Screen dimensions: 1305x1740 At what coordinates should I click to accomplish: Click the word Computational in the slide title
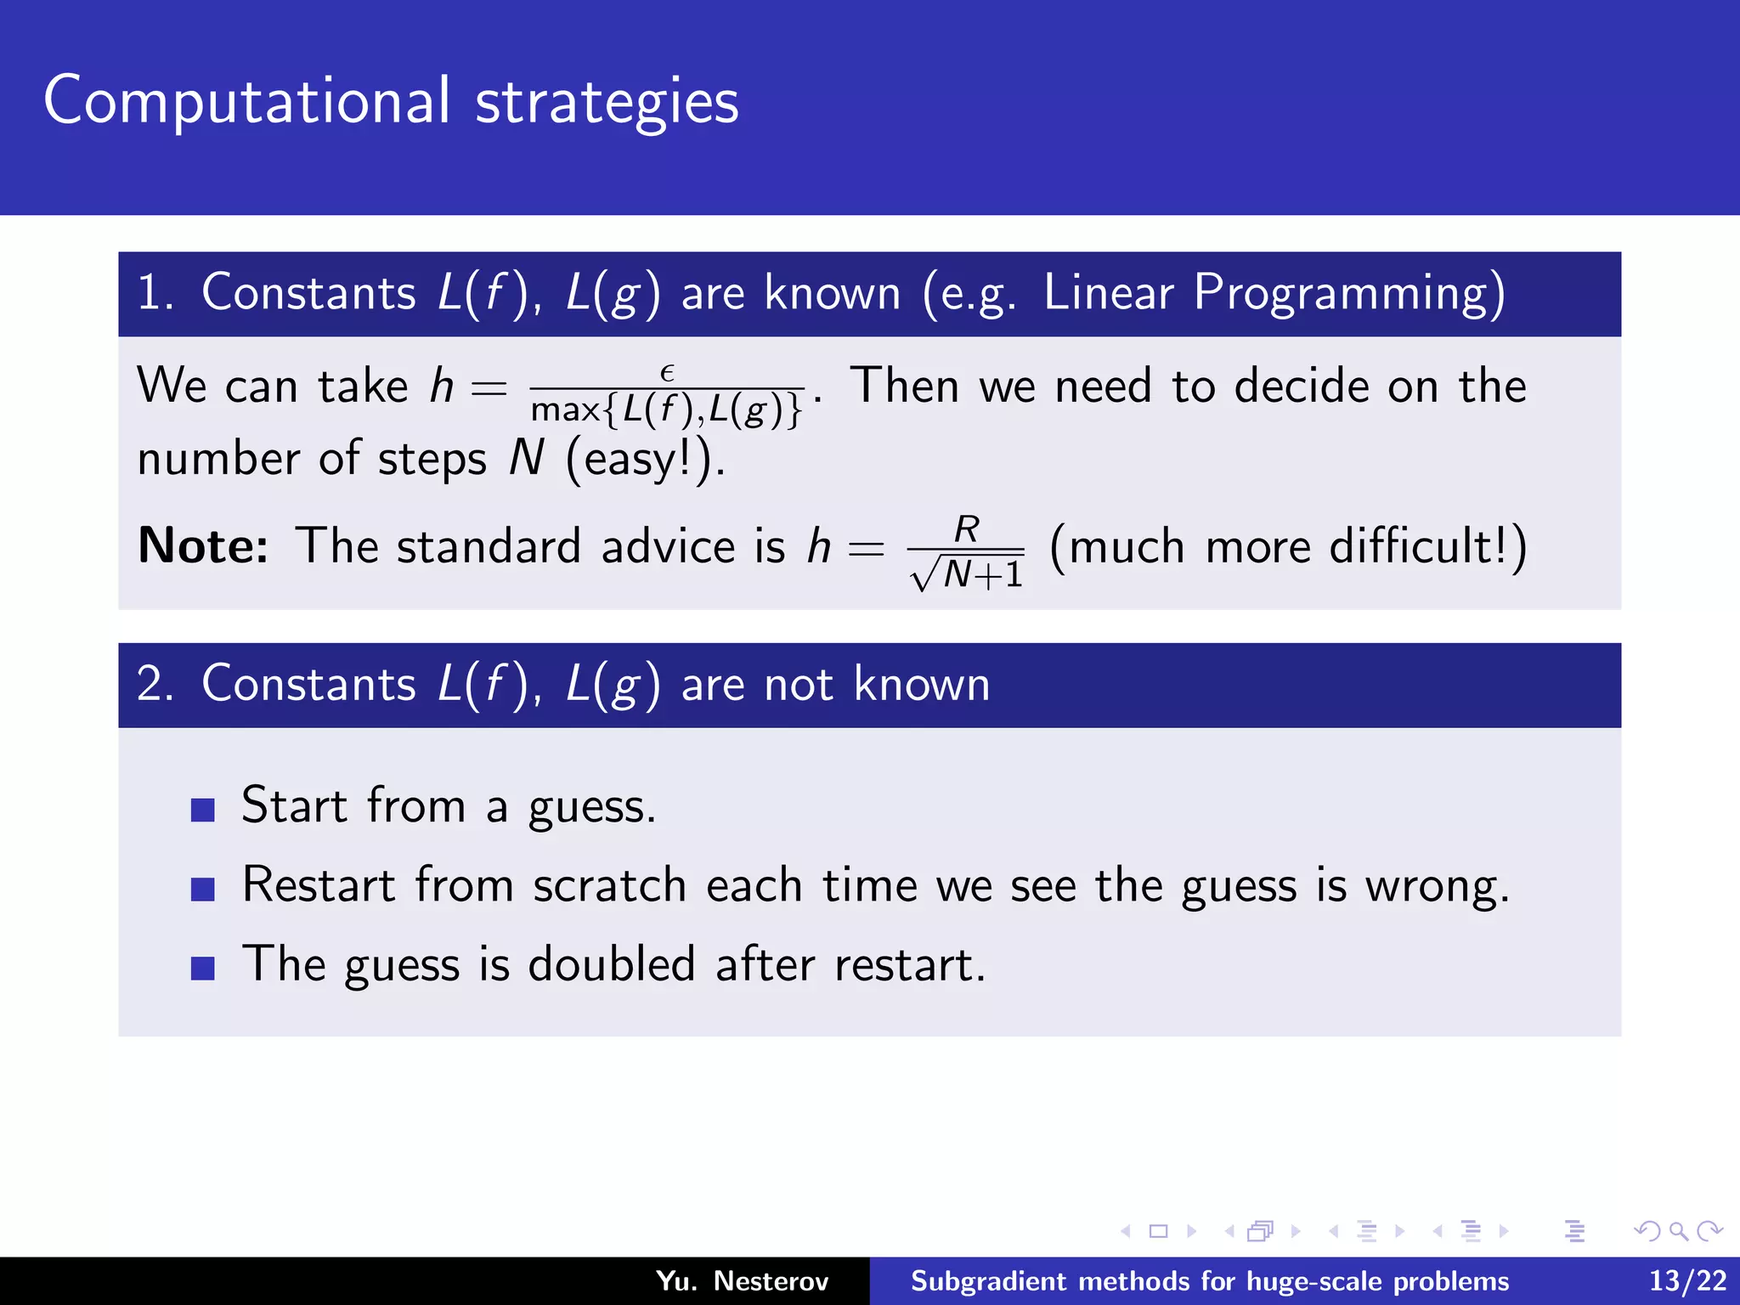click(x=246, y=102)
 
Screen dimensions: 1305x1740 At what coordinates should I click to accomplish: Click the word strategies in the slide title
click(x=607, y=102)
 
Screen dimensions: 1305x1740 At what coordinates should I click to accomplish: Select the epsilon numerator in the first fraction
click(x=667, y=373)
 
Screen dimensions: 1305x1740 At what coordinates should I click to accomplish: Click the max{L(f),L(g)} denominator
click(x=667, y=410)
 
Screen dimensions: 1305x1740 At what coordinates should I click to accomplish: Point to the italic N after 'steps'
click(x=527, y=459)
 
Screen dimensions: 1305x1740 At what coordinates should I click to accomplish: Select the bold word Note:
click(x=202, y=545)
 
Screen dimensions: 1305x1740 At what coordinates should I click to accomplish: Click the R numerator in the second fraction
click(x=967, y=529)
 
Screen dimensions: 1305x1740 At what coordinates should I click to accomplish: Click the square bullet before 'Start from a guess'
click(x=203, y=810)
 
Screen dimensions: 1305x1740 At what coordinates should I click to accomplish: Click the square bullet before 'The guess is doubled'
click(x=203, y=969)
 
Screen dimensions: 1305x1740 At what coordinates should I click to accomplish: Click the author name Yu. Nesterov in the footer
click(x=742, y=1281)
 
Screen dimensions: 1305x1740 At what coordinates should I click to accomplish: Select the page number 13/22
click(x=1687, y=1281)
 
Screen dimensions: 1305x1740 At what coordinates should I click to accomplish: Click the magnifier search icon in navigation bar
click(x=1678, y=1231)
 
